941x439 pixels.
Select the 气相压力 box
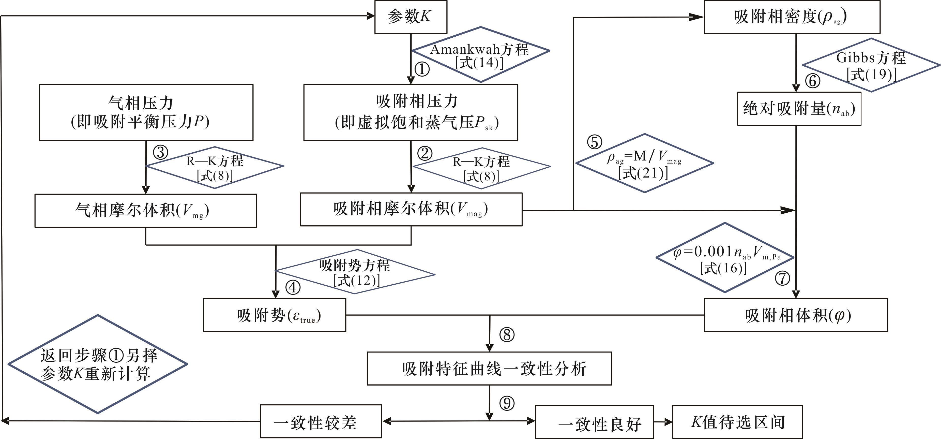146,112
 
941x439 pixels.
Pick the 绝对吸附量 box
799,109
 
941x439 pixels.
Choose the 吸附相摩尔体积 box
411,209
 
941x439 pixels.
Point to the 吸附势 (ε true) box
274,315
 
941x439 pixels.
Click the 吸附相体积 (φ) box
796,315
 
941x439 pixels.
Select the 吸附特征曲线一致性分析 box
489,369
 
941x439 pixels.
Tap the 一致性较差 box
321,421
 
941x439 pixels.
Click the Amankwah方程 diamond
481,54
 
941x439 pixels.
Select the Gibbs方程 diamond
871,65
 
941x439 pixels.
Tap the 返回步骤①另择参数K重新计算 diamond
98,364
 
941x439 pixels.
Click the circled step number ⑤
594,142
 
